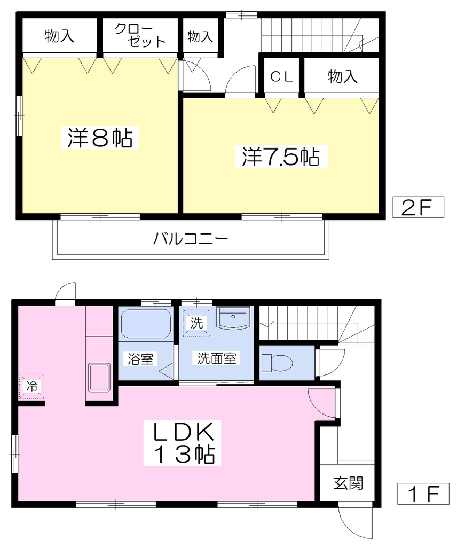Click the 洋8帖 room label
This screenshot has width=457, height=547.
(x=100, y=138)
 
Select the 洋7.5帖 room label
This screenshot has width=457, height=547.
(x=281, y=157)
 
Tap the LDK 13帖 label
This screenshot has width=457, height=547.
(x=182, y=442)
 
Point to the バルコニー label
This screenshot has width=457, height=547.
(x=191, y=239)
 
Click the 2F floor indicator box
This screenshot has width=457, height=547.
(x=419, y=207)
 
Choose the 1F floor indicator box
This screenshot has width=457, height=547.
(x=423, y=494)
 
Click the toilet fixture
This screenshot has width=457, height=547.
(x=277, y=363)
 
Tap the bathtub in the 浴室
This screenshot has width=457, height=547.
(x=146, y=323)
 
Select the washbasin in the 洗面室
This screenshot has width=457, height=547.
(x=233, y=318)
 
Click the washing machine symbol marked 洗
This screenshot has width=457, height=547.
(x=197, y=323)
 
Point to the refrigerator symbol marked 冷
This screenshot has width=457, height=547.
(x=31, y=387)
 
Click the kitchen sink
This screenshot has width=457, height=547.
(x=99, y=378)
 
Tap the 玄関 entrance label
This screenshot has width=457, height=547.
(x=348, y=483)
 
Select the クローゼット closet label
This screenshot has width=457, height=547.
(x=139, y=36)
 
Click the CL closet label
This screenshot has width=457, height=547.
(x=281, y=77)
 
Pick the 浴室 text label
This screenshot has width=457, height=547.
(x=140, y=358)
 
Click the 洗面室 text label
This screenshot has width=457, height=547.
(x=216, y=358)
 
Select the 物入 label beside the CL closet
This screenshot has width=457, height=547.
(x=342, y=76)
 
